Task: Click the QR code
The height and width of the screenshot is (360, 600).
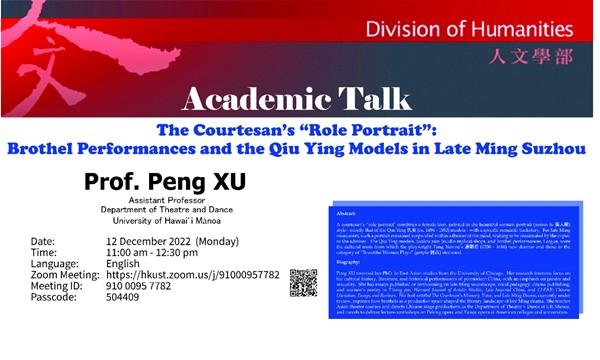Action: (x=303, y=282)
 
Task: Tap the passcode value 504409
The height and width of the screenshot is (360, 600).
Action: (x=128, y=298)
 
